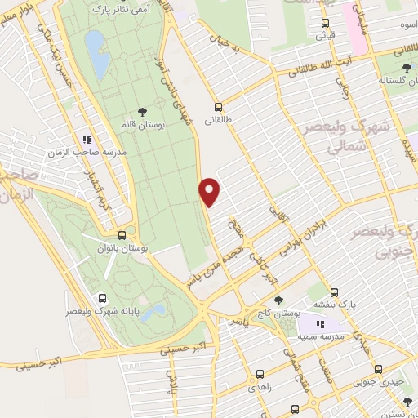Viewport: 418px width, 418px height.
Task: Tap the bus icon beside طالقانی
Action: pos(218,106)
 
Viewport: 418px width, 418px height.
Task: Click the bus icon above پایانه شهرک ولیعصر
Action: pos(101,298)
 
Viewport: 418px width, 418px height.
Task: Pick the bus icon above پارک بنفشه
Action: pos(335,291)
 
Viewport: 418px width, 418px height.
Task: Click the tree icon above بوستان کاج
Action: pos(278,300)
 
